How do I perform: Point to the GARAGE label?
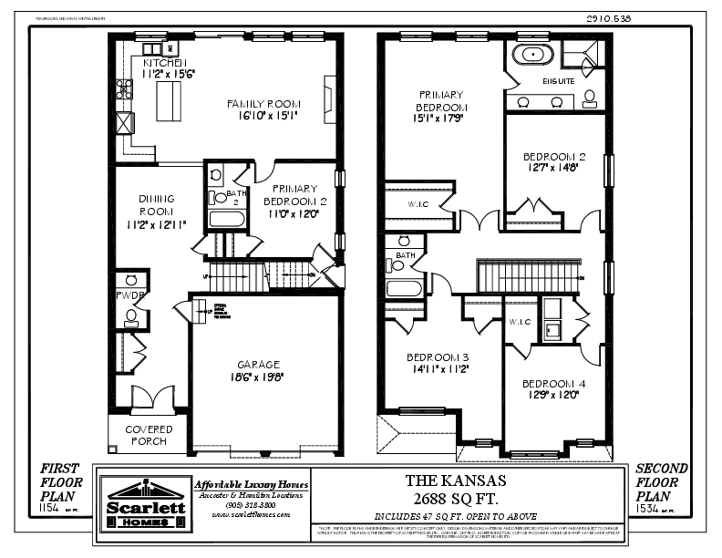tap(260, 364)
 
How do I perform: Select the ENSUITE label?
tap(558, 81)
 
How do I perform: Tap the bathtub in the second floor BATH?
tap(402, 289)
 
